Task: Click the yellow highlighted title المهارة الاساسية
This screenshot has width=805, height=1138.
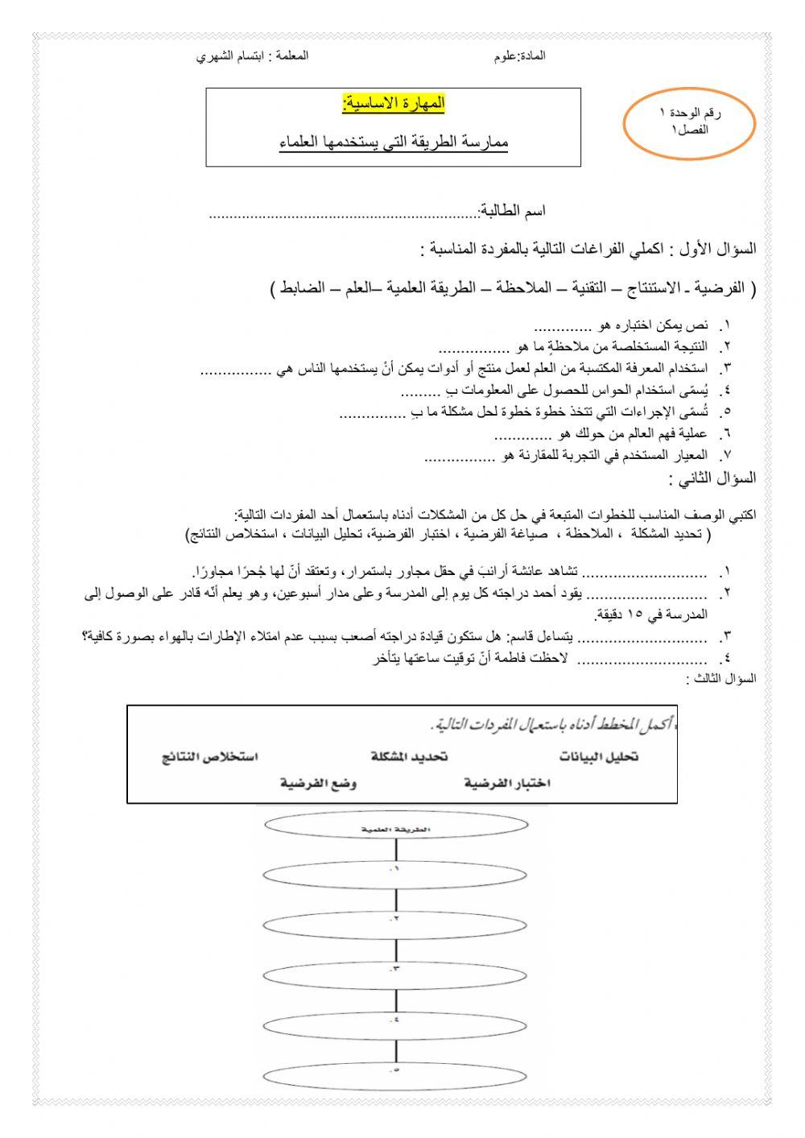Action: tap(393, 104)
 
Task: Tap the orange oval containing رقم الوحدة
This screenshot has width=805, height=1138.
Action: tap(689, 122)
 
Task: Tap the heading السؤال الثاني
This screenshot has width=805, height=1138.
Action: tap(712, 478)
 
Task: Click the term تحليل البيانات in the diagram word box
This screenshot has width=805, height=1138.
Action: tap(599, 757)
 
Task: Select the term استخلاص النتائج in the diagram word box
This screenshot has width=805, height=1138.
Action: tap(209, 757)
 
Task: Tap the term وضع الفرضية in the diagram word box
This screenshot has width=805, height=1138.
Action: tap(319, 783)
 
